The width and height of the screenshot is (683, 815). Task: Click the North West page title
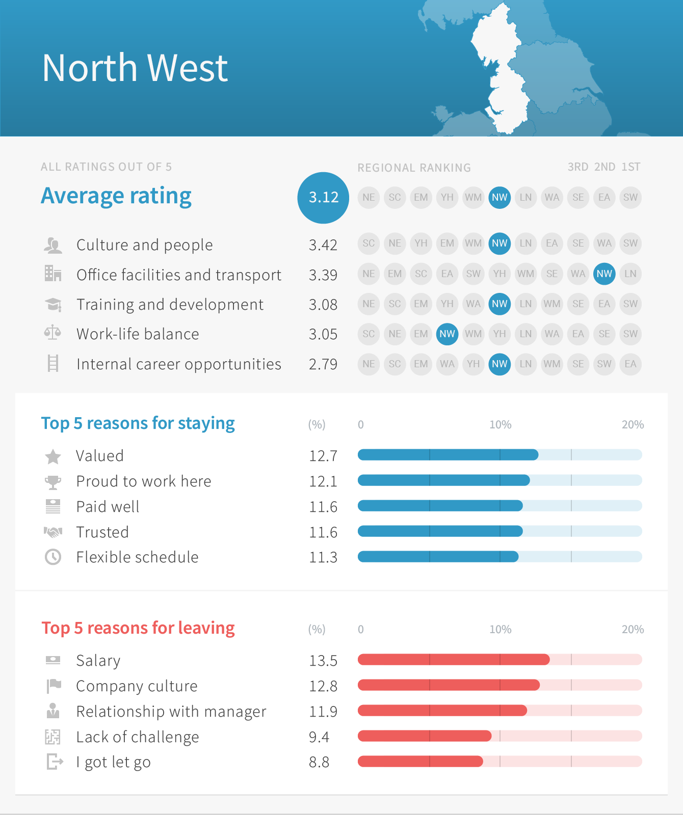tap(135, 68)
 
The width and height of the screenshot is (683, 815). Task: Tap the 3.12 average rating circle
tap(323, 198)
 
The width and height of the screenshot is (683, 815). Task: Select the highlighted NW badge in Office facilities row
tap(604, 274)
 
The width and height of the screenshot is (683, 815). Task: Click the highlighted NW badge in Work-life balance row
tap(447, 334)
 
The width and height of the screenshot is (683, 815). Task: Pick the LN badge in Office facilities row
tap(631, 274)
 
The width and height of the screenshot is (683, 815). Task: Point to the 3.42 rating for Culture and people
tap(323, 245)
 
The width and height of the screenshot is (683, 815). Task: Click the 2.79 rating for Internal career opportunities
tap(323, 364)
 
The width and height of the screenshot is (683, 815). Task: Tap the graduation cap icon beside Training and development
tap(53, 305)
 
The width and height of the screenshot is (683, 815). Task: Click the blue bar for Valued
tap(448, 455)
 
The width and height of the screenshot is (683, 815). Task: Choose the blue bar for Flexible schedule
tap(438, 557)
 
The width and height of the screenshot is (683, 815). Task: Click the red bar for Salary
tap(454, 660)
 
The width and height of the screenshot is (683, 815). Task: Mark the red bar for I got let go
tap(420, 762)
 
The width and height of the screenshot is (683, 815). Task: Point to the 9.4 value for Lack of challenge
tap(319, 737)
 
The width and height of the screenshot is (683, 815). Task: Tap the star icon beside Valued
tap(53, 456)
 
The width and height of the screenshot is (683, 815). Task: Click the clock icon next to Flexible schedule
tap(53, 557)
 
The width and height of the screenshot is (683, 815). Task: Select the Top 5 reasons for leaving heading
tap(138, 628)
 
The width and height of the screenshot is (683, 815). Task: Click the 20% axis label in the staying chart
tap(633, 425)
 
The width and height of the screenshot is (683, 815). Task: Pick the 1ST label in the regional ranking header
tap(631, 167)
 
